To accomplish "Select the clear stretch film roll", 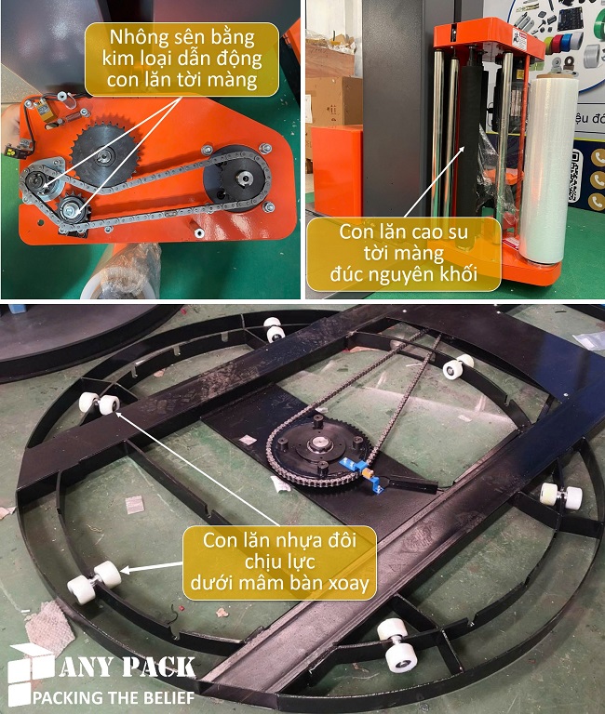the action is [x=548, y=171].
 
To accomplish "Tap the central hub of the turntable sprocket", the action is [x=317, y=443].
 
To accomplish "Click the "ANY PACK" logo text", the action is [x=127, y=668].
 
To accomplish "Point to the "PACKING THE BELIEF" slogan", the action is [x=114, y=696].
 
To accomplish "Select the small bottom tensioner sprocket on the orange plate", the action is [x=73, y=209].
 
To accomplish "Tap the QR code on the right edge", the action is [x=575, y=176].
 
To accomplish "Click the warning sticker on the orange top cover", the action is [x=520, y=39].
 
